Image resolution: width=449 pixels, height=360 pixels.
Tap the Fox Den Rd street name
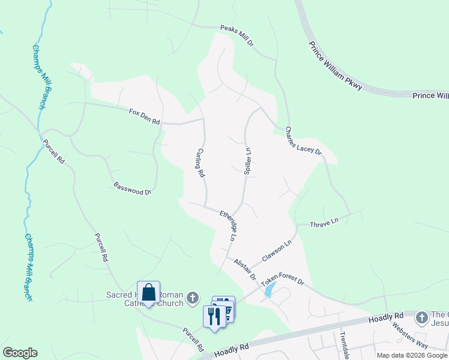point(144,116)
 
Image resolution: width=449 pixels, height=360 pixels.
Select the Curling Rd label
point(201,163)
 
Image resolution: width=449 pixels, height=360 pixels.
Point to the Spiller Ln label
point(247,161)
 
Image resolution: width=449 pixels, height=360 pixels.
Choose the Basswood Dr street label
point(132,188)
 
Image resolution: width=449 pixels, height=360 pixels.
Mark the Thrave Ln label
point(324,222)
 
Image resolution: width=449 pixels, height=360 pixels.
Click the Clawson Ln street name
point(277,252)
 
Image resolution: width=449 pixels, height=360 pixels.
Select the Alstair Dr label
point(245,269)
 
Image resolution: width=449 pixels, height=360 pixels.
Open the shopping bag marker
point(149,293)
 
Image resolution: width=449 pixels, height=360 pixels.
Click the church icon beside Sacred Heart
point(192,297)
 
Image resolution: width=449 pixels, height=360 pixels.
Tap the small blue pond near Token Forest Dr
point(270,290)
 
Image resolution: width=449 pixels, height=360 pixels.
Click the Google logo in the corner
point(20,353)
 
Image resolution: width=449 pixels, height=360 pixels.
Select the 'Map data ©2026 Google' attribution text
point(412,356)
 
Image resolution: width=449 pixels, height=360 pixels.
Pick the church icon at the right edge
point(422,316)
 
